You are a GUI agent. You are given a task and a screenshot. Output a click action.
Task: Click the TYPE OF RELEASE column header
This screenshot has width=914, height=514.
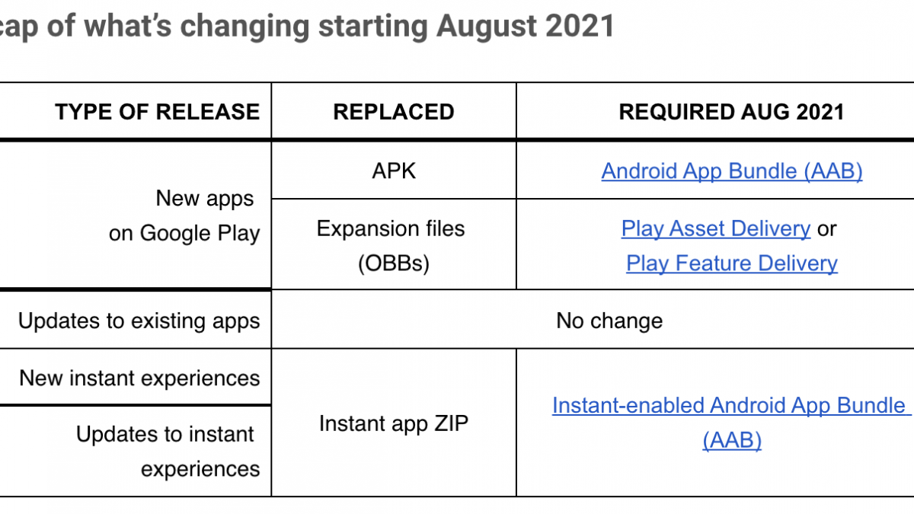click(x=157, y=112)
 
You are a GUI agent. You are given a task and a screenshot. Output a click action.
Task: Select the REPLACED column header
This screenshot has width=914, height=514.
click(x=394, y=112)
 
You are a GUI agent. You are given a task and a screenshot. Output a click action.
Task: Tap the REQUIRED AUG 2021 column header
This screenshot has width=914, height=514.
click(x=732, y=112)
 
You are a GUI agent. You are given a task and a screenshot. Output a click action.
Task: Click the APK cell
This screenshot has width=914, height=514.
click(x=394, y=171)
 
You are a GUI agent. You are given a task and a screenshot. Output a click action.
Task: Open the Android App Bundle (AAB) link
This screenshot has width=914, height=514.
click(x=732, y=171)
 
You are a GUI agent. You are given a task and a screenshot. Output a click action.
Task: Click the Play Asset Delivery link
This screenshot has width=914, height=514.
click(x=716, y=228)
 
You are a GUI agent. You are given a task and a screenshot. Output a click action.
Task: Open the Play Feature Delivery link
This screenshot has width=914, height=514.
click(x=732, y=263)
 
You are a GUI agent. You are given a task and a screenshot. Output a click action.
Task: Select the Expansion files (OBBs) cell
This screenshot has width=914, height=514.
click(x=391, y=245)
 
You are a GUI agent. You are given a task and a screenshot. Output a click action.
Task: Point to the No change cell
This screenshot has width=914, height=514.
click(x=609, y=321)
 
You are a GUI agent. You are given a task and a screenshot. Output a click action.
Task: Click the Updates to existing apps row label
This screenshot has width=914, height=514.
click(x=139, y=321)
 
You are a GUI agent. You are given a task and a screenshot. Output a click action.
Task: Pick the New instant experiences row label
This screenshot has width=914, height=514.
click(x=139, y=378)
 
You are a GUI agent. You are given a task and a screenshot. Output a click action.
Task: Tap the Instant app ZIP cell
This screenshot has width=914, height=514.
click(x=394, y=423)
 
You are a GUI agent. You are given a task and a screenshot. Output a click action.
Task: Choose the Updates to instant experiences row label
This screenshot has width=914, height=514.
click(x=168, y=451)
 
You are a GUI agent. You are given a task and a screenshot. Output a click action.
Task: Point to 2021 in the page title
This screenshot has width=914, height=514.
click(x=580, y=26)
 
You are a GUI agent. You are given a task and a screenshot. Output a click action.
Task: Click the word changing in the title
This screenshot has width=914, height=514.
click(x=244, y=27)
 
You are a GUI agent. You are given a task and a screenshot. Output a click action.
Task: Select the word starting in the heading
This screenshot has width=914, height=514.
click(x=372, y=27)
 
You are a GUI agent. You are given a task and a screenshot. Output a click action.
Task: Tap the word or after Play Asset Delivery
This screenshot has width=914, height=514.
click(x=826, y=229)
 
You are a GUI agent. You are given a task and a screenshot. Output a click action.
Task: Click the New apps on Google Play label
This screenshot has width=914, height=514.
click(x=184, y=215)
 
